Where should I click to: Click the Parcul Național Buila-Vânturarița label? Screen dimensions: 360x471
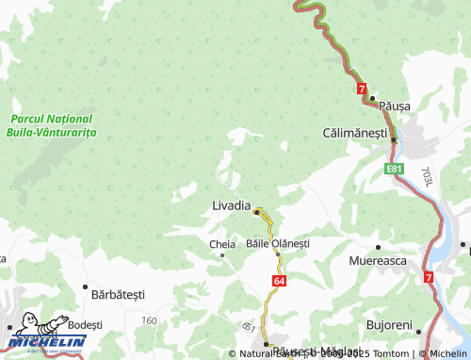[51, 126]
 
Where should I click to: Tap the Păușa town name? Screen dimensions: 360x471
[396, 106]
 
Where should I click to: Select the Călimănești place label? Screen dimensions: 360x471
[354, 134]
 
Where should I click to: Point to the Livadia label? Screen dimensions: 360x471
[231, 205]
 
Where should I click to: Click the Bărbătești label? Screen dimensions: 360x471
[119, 294]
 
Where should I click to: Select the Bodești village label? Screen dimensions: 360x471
[85, 323]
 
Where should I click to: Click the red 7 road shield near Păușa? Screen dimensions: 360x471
[361, 88]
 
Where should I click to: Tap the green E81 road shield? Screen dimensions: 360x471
[395, 169]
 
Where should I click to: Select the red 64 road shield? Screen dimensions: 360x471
[280, 281]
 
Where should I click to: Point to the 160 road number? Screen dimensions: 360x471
[149, 320]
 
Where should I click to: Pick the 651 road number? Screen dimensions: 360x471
[248, 327]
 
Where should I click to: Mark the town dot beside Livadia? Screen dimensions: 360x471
[255, 211]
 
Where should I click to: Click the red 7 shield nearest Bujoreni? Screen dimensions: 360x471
[429, 277]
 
